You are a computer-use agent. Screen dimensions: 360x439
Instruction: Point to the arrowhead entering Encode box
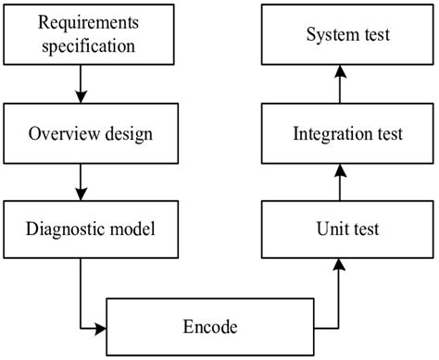click(x=101, y=327)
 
